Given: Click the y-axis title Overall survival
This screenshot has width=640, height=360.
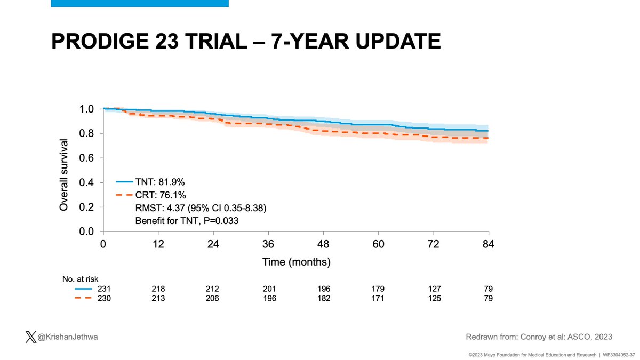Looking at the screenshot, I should tap(63, 175).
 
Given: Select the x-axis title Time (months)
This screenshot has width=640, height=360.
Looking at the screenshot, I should tap(296, 262).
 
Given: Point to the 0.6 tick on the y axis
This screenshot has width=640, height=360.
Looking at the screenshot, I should tap(87, 158).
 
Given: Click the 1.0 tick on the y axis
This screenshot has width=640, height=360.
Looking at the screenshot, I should tap(87, 109).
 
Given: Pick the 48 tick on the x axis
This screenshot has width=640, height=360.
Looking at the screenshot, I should tap(323, 245).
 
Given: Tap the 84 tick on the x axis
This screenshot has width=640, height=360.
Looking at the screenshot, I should tap(489, 245).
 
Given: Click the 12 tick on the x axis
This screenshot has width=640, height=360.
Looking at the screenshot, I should tap(158, 245).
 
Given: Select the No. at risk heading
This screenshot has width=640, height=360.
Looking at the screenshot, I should tap(79, 278).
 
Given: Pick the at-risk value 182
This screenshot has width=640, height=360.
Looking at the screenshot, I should tap(323, 298).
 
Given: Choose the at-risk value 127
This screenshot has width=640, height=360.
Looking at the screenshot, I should tap(434, 289).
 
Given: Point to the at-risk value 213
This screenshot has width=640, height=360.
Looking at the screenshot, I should tap(158, 298).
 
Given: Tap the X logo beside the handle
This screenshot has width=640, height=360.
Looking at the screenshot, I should tap(30, 337).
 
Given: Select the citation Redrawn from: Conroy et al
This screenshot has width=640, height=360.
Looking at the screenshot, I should tap(539, 337).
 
